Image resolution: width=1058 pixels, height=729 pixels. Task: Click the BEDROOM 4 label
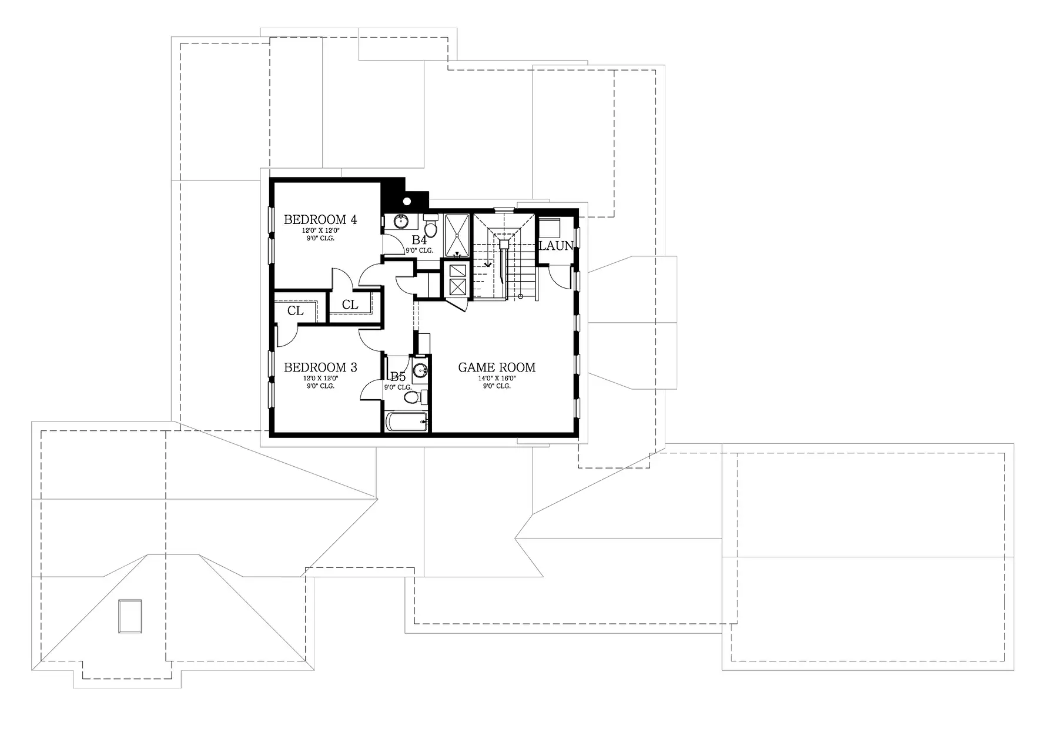coord(320,220)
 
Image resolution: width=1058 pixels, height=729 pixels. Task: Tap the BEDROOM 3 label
coord(320,367)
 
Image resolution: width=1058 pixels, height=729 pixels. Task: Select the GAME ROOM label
coord(497,367)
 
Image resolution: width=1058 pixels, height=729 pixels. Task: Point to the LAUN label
coord(556,246)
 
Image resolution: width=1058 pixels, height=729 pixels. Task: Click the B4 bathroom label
coord(419,240)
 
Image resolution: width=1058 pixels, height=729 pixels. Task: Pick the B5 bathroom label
coord(398,377)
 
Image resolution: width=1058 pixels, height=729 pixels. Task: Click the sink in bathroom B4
coord(401,222)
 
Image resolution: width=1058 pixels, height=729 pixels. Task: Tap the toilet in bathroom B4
coord(431,226)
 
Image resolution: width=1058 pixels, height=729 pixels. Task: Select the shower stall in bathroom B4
coord(457,236)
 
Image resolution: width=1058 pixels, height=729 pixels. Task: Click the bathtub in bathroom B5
coord(406,422)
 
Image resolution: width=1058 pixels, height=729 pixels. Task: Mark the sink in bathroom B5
coord(420,370)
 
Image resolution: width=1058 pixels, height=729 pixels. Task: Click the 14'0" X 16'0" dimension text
coord(497,379)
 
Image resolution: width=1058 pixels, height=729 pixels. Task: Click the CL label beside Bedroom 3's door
coord(296,311)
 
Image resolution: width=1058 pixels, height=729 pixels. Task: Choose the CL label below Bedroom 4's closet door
coord(350,305)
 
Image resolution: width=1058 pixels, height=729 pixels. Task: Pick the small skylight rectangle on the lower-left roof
coord(130,616)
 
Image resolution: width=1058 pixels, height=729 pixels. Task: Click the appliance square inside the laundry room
coord(551,229)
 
